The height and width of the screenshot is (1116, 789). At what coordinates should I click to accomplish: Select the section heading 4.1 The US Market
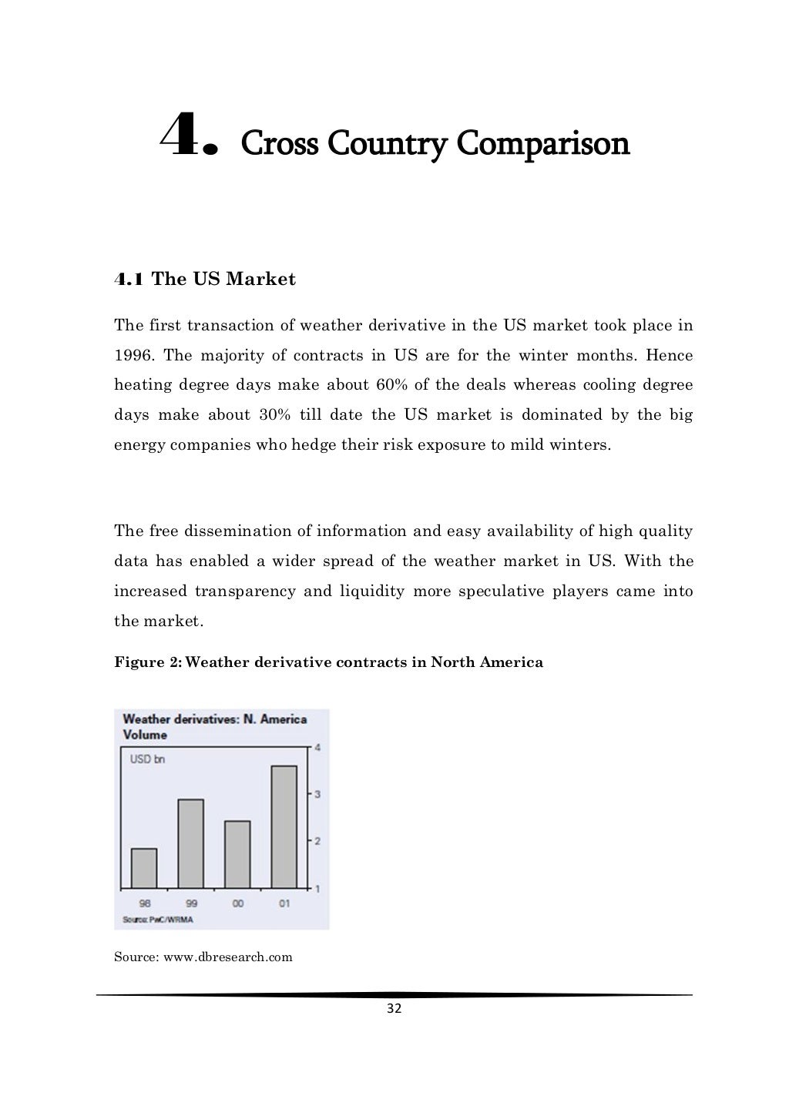(205, 279)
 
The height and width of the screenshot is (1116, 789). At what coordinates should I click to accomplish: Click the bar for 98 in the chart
(144, 868)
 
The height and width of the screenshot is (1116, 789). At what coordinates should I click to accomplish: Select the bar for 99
(191, 843)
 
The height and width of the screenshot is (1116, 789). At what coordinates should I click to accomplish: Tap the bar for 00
(237, 854)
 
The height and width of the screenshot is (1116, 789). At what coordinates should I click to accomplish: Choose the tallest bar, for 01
(284, 826)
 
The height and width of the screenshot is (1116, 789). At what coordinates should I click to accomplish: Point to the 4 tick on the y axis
(317, 748)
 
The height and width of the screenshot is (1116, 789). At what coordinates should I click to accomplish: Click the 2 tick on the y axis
(317, 840)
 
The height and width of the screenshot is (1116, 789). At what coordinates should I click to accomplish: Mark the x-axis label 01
(284, 903)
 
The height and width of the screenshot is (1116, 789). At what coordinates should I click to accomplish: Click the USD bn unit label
(147, 759)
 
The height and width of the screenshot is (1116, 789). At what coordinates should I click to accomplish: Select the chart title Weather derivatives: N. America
(215, 719)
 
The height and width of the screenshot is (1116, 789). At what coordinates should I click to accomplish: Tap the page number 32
(394, 1010)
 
